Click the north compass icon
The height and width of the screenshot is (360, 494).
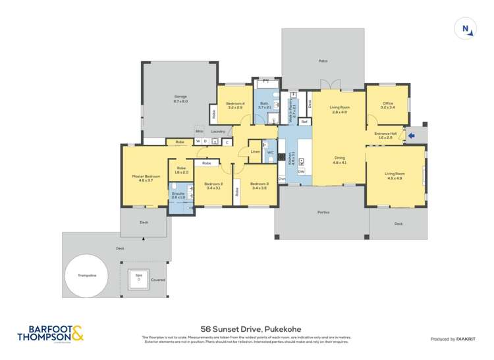(x=466, y=29)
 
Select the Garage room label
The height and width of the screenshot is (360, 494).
(x=180, y=99)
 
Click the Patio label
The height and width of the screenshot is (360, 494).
(x=323, y=61)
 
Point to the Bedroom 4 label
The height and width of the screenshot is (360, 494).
(x=235, y=105)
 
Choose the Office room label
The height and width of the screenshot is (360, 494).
(x=387, y=105)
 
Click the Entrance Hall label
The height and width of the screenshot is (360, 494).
(x=385, y=135)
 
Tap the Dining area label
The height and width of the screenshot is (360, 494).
(x=339, y=159)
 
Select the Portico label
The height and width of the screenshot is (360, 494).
(x=323, y=213)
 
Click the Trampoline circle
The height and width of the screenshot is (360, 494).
(x=86, y=276)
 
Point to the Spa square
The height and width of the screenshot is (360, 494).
(x=138, y=277)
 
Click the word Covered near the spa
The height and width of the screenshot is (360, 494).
(x=158, y=280)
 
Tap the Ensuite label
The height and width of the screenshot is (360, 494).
(x=178, y=195)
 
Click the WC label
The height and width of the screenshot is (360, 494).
(x=270, y=152)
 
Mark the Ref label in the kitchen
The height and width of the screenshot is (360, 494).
(x=304, y=122)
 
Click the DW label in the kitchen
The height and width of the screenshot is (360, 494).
(x=301, y=172)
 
